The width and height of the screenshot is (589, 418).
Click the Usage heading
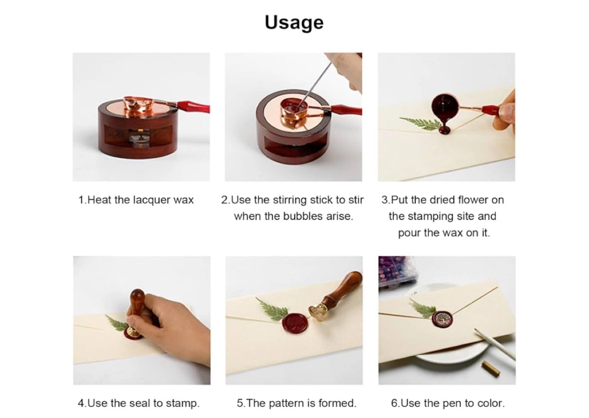294,23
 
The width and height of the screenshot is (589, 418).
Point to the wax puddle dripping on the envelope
445,130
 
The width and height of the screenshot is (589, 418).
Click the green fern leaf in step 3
420,123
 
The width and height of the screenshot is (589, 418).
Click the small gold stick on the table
491,369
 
